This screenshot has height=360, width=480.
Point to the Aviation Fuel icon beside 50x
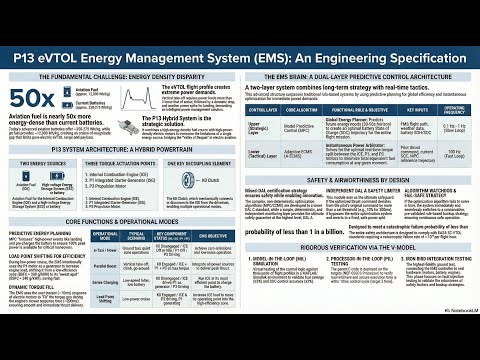69,87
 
